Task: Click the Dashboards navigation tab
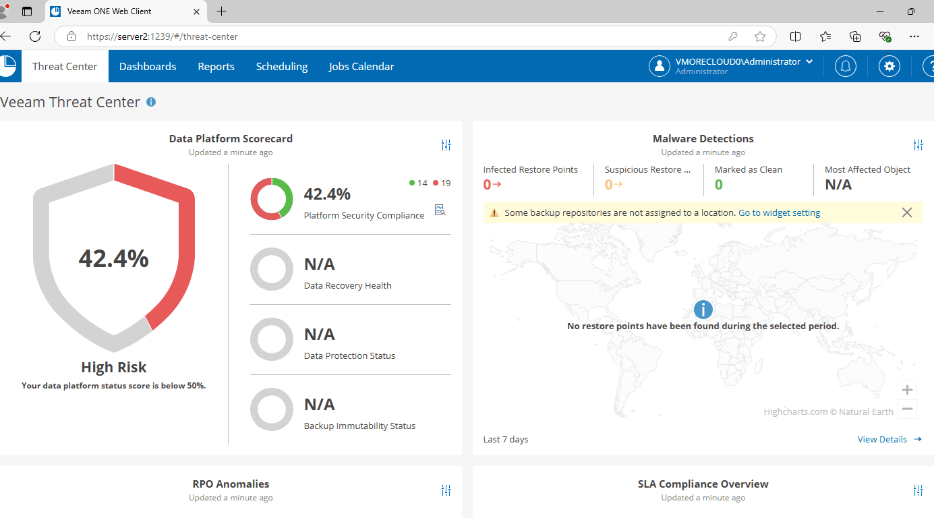click(x=148, y=66)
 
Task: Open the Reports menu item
click(x=216, y=66)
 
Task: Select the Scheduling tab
click(x=282, y=66)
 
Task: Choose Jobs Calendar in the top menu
click(x=361, y=66)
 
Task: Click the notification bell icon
click(x=846, y=66)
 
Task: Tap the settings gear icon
click(x=889, y=66)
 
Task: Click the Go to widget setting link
click(x=779, y=212)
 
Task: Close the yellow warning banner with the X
click(x=907, y=212)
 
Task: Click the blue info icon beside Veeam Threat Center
click(x=151, y=102)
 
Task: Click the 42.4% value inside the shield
click(x=114, y=258)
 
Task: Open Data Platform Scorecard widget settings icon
click(x=446, y=145)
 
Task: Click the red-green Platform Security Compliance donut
click(x=272, y=199)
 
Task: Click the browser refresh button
click(x=35, y=36)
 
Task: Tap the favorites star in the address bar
click(x=760, y=36)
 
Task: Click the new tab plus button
click(x=221, y=11)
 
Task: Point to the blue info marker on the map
click(x=703, y=310)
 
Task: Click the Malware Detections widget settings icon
click(x=918, y=145)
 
